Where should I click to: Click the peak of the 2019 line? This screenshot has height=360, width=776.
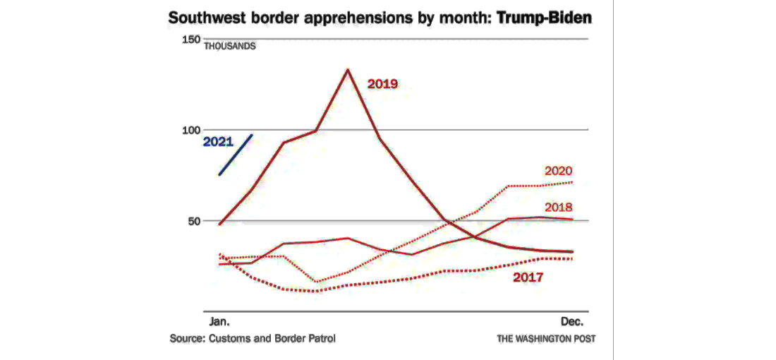tap(347, 69)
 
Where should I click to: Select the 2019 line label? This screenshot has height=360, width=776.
tap(383, 84)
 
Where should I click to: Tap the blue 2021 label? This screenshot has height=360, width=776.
tap(218, 141)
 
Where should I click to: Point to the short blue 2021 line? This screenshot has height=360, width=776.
tap(236, 154)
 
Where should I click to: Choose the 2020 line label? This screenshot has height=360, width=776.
tap(558, 171)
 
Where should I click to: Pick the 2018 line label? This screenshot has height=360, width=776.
tap(558, 208)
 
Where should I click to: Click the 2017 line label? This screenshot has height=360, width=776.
tap(528, 277)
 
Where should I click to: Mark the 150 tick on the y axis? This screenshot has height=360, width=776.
tap(191, 40)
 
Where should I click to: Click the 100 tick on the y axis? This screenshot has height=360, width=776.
tap(191, 130)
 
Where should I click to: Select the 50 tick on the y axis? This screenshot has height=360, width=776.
tap(194, 221)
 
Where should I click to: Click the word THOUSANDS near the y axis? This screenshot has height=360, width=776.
tap(230, 47)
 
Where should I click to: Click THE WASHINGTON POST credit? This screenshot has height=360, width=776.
tap(546, 339)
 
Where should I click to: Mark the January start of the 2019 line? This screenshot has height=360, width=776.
tap(220, 224)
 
